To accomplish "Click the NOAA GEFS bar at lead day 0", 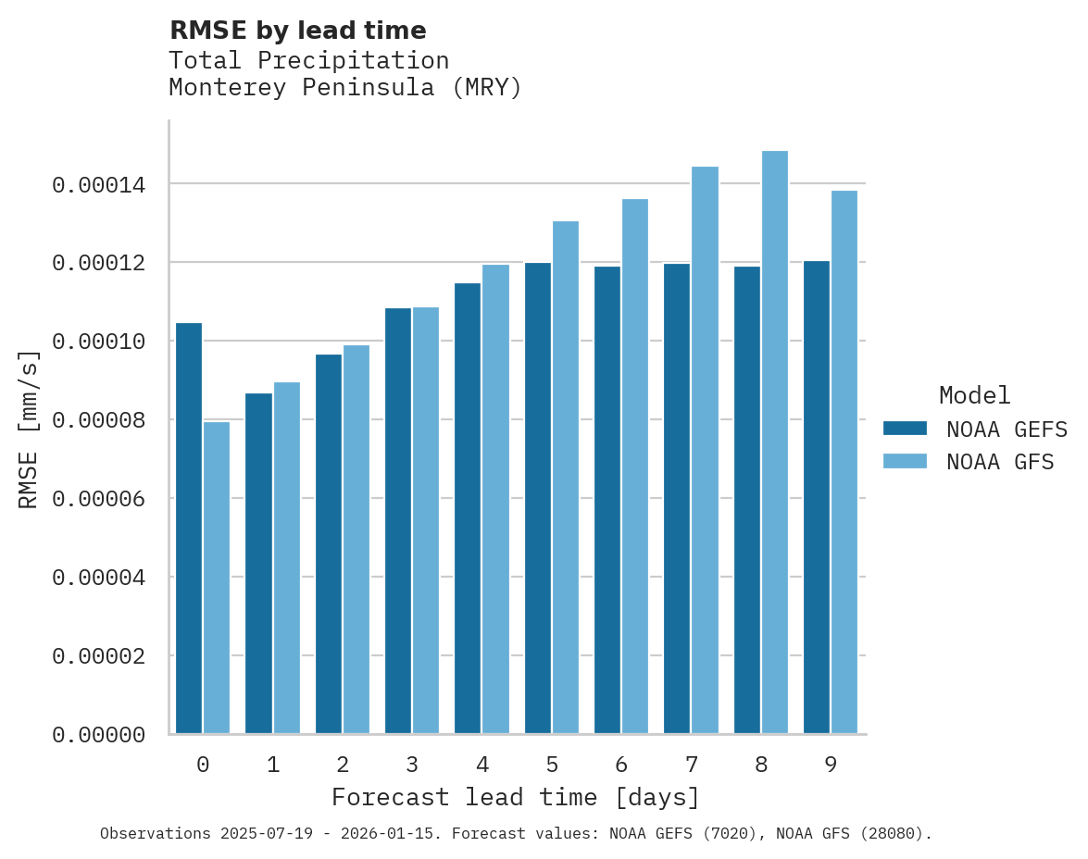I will [x=189, y=528].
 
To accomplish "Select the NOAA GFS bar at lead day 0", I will [x=217, y=578].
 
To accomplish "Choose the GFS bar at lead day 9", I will [x=844, y=462].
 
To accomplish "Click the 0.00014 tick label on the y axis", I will [x=98, y=185].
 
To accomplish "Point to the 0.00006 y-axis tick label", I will [x=98, y=499].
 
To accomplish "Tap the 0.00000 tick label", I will [x=98, y=735].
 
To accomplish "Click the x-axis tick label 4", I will [x=482, y=766].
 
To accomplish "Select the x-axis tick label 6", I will [x=621, y=766].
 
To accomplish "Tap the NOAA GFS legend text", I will [x=1000, y=462].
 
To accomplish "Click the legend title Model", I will [x=974, y=395].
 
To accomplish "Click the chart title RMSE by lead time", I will [x=297, y=31].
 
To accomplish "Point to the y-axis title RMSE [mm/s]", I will [x=29, y=429].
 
